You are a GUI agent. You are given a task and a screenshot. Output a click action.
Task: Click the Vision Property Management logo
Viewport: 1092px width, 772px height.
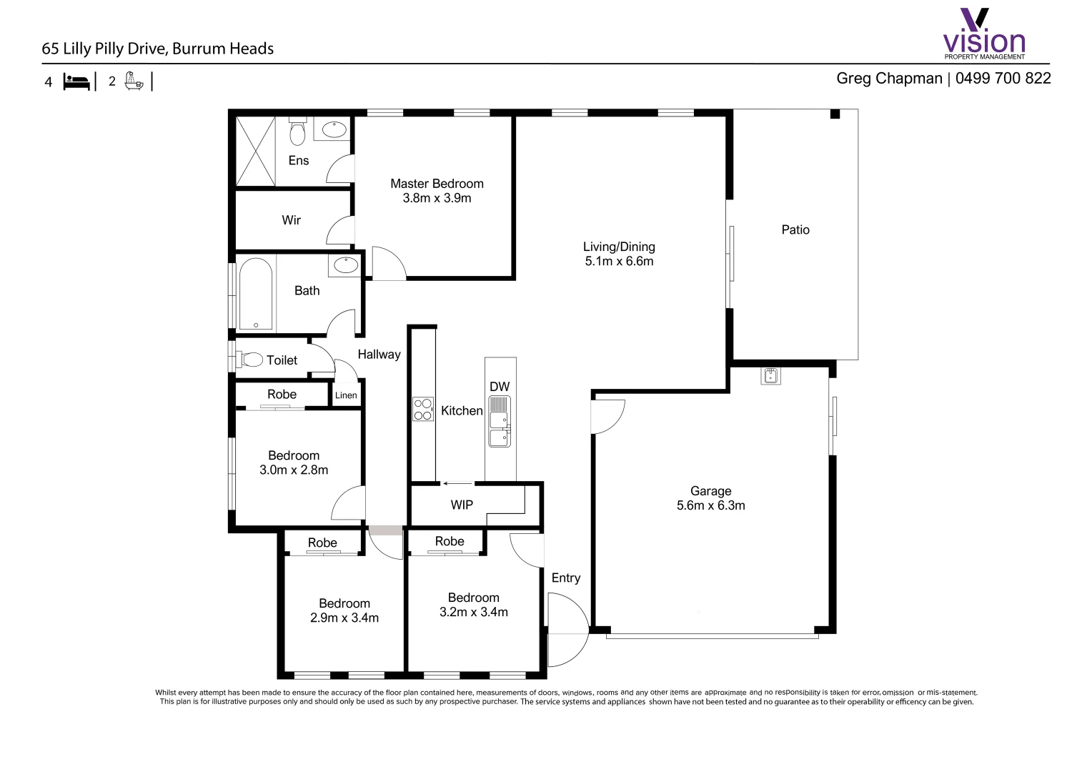984,34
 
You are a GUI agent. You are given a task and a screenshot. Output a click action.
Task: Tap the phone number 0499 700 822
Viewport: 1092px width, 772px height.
1003,79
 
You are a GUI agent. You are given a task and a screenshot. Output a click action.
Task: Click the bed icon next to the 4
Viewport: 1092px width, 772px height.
76,81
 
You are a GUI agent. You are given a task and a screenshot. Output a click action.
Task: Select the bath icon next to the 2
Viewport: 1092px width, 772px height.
134,81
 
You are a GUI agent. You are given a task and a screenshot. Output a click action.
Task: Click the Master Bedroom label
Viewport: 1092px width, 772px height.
437,184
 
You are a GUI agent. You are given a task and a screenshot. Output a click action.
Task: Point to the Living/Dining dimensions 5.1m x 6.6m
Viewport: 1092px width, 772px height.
619,262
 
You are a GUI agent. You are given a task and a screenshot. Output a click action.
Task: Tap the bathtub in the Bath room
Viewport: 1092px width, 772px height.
255,294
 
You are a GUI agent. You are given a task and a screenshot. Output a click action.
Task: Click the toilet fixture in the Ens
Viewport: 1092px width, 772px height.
297,132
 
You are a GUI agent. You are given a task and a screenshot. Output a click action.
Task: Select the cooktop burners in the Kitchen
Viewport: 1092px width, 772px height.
423,409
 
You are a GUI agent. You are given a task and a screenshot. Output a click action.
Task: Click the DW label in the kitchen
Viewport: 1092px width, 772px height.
500,387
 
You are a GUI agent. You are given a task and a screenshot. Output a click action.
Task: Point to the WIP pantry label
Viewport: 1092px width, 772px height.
462,505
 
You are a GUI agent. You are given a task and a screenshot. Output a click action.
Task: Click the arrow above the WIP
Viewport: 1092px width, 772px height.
457,484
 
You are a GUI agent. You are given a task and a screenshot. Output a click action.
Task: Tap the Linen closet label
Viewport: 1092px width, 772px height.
346,395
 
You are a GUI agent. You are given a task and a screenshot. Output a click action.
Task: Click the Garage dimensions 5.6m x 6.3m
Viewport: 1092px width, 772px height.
710,505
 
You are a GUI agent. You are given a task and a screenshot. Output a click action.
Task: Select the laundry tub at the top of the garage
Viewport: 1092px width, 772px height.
770,375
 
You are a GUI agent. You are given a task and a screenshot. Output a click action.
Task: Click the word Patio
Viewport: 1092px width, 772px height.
795,229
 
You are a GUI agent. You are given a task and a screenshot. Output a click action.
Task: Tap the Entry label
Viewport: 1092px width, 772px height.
565,578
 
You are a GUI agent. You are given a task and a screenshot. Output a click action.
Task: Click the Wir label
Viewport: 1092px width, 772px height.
291,220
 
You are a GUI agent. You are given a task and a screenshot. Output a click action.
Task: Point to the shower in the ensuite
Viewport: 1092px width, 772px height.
255,152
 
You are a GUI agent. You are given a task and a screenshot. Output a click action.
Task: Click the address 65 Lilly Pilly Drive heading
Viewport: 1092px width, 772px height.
158,49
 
